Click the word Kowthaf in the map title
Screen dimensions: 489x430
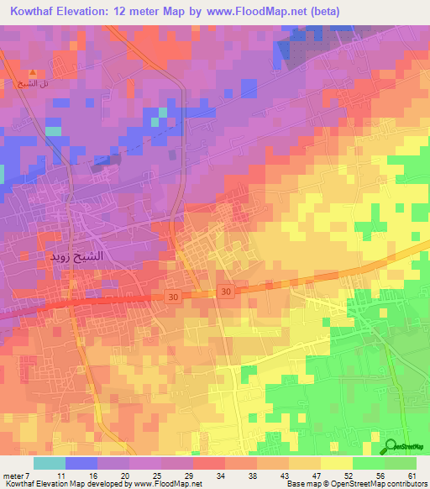39,13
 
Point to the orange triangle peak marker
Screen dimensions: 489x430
33,73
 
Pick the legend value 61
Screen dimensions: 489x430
411,476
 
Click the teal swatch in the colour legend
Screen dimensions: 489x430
49,463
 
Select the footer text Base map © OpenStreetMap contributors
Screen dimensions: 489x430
356,485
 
